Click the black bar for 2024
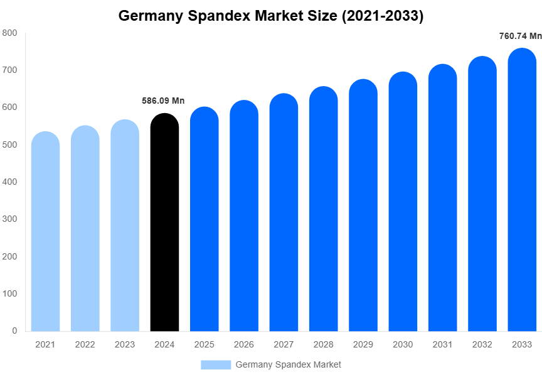tap(164, 223)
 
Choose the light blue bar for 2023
tap(125, 226)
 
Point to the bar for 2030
tap(403, 202)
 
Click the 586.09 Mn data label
tap(163, 101)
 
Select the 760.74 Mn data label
tap(520, 36)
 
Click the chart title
tap(271, 16)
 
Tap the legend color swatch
tap(216, 364)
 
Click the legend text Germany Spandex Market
tap(288, 364)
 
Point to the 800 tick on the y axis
tap(9, 33)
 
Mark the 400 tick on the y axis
tap(9, 182)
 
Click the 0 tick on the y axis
tap(14, 331)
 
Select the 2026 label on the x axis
tap(244, 344)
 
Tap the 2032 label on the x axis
tap(482, 344)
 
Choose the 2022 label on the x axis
tap(85, 344)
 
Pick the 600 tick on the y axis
tap(9, 107)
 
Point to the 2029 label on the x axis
tap(363, 344)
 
